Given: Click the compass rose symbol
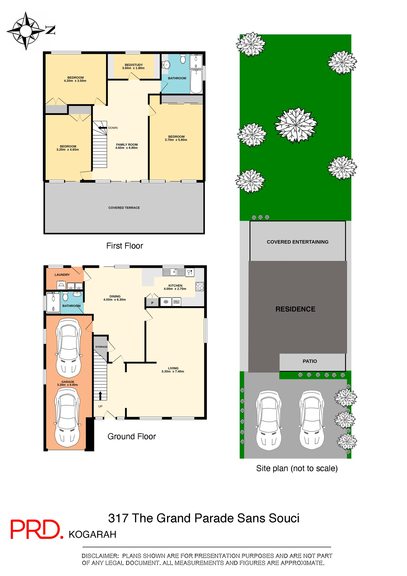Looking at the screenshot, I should pyautogui.click(x=26, y=31).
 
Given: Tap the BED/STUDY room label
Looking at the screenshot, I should pyautogui.click(x=134, y=65).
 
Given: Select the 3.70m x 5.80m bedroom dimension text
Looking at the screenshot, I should pyautogui.click(x=176, y=140).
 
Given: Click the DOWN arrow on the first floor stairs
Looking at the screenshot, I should pyautogui.click(x=103, y=128).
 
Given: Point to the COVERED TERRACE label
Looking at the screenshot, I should pyautogui.click(x=124, y=208).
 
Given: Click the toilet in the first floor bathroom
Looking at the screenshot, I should pyautogui.click(x=183, y=59).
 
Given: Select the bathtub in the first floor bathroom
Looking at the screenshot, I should pyautogui.click(x=196, y=81).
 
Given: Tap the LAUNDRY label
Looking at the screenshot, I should pyautogui.click(x=62, y=275).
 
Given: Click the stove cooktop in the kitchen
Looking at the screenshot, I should pyautogui.click(x=199, y=286).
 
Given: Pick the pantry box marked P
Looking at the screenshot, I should pyautogui.click(x=152, y=303).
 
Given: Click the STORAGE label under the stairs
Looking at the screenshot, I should pyautogui.click(x=101, y=347).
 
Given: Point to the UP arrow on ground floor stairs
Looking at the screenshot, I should pyautogui.click(x=100, y=395).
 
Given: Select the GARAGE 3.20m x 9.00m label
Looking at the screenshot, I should pyautogui.click(x=68, y=383).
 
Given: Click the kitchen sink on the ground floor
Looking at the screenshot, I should pyautogui.click(x=173, y=272).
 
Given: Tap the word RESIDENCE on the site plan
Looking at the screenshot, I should pyautogui.click(x=295, y=309).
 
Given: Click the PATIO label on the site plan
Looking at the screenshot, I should pyautogui.click(x=310, y=361).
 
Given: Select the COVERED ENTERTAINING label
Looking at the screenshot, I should pyautogui.click(x=297, y=242).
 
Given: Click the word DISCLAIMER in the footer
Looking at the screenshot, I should pyautogui.click(x=100, y=556).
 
